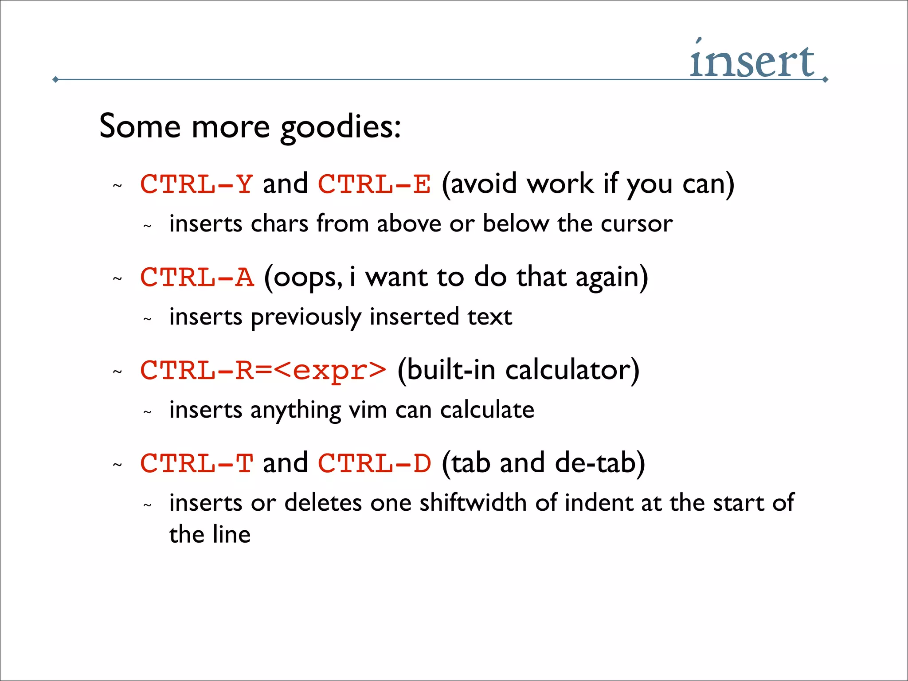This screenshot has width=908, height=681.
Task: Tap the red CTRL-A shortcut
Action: click(x=197, y=277)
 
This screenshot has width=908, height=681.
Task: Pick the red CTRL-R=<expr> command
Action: click(x=263, y=370)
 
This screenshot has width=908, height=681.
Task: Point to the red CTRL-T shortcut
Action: click(x=196, y=463)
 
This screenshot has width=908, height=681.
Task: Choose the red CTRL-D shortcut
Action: click(x=374, y=463)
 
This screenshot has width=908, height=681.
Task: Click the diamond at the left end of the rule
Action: click(x=55, y=80)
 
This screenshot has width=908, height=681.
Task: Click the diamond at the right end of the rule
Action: click(x=825, y=80)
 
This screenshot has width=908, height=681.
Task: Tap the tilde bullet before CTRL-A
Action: click(x=117, y=279)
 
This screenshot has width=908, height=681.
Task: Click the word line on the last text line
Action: click(x=231, y=534)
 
